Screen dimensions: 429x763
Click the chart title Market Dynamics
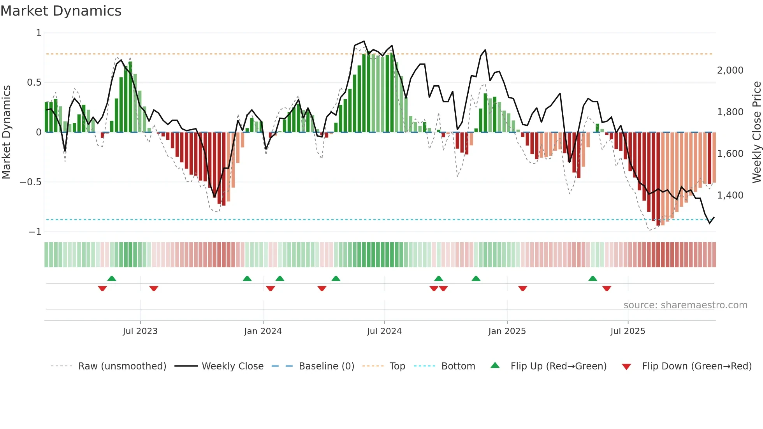point(61,11)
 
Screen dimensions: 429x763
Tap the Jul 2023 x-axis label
point(140,331)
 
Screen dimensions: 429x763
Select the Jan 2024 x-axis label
point(263,331)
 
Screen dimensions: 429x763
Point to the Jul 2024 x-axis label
point(384,331)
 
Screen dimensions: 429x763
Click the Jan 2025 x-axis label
point(507,331)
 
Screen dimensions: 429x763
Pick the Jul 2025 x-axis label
point(628,331)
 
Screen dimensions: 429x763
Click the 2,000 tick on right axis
point(730,70)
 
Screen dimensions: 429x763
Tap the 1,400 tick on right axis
point(730,195)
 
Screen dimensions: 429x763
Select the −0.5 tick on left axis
point(30,182)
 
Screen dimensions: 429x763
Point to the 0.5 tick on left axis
point(34,83)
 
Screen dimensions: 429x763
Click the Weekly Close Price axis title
point(756,132)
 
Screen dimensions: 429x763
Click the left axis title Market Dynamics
point(6,132)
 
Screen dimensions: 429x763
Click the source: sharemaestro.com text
point(685,305)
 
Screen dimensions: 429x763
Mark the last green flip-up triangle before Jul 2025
point(592,278)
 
